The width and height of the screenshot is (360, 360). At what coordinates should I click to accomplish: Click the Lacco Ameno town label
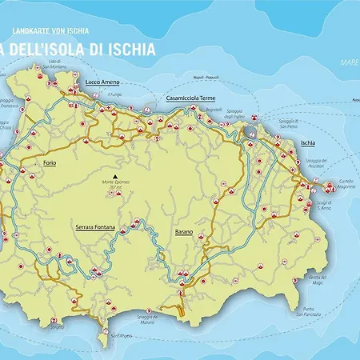pyautogui.click(x=103, y=82)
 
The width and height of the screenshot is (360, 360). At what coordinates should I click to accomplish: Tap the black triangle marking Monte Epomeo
pyautogui.click(x=116, y=176)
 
